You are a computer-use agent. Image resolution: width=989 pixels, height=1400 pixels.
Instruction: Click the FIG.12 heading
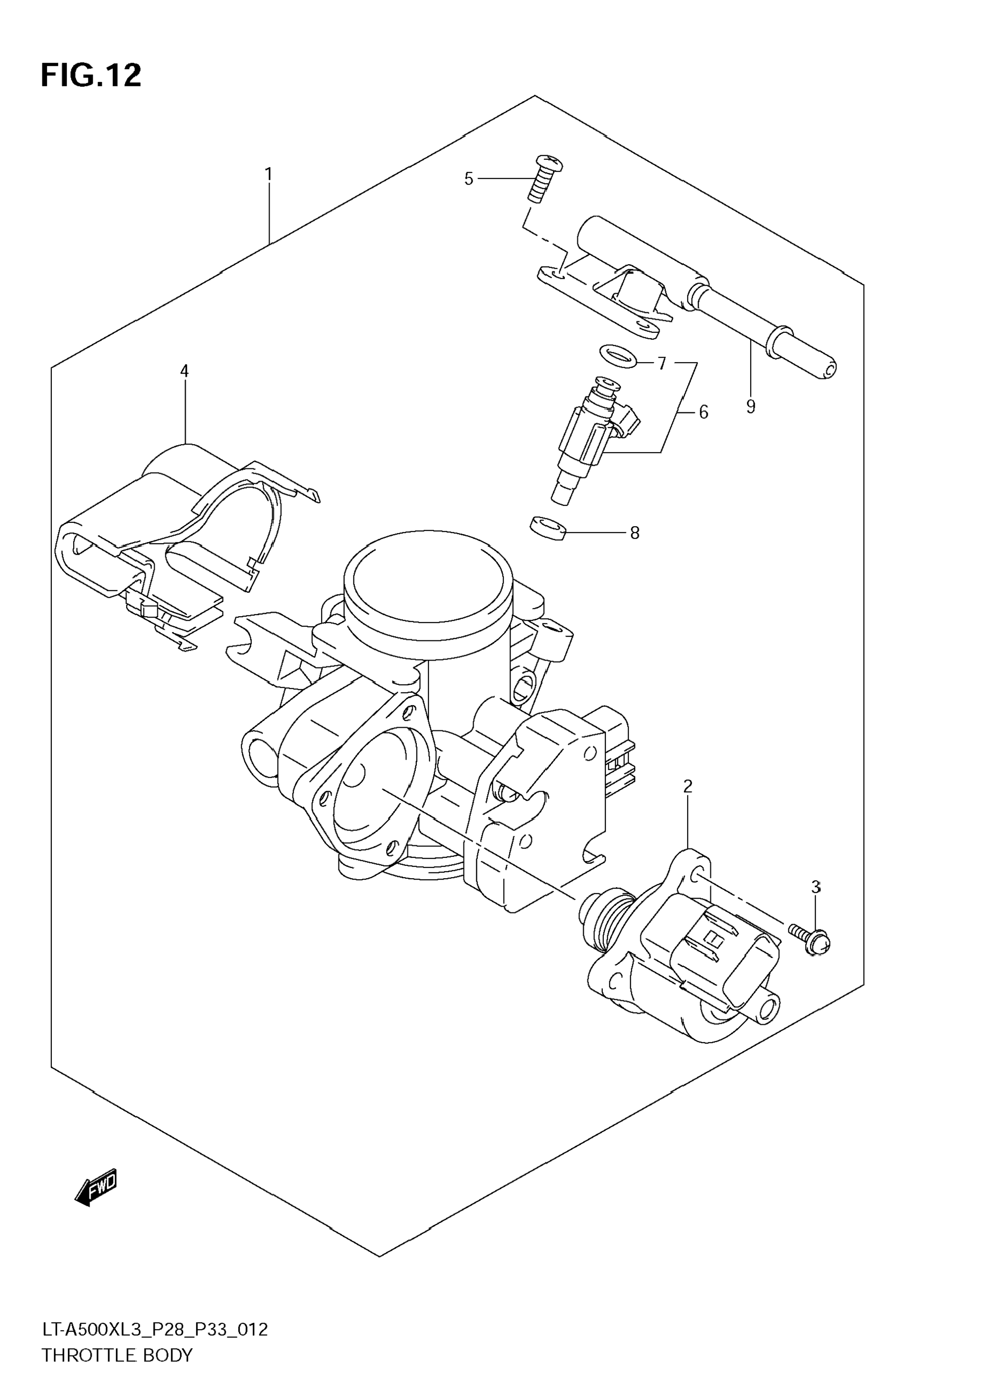[x=91, y=76]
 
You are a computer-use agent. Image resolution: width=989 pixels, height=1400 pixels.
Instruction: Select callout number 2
[x=688, y=787]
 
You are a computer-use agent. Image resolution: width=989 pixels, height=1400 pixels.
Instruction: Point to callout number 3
[x=816, y=887]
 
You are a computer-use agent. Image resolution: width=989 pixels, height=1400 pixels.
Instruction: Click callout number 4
[x=184, y=371]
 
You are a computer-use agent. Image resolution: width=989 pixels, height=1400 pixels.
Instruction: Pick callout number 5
[x=469, y=179]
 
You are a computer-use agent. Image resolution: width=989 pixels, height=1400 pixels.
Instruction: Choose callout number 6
[x=703, y=413]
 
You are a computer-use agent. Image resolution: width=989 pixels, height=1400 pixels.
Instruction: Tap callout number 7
[x=662, y=364]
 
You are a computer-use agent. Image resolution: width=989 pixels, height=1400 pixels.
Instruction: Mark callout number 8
[x=635, y=533]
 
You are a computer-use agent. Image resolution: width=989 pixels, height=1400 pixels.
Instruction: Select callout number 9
[x=751, y=406]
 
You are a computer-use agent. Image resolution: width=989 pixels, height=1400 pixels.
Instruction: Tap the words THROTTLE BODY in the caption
[x=117, y=1356]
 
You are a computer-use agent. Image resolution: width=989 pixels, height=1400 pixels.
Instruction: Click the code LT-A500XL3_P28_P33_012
[x=154, y=1329]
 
